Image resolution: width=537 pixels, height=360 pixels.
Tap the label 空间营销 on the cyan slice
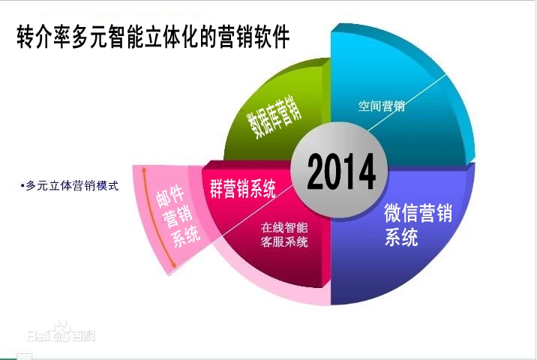pos(380,106)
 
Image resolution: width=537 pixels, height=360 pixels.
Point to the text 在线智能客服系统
pos(284,234)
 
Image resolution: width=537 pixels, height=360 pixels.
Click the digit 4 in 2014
pos(365,174)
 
